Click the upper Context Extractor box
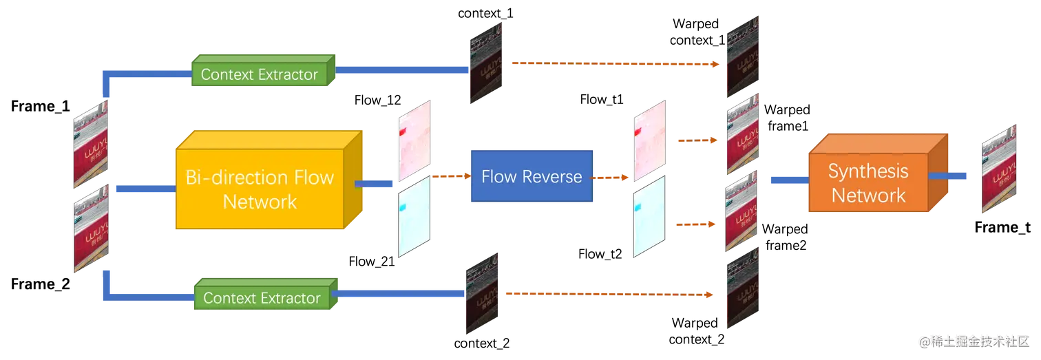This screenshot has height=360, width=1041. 260,74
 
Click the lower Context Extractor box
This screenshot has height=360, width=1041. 262,298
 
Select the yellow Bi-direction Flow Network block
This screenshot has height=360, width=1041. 260,189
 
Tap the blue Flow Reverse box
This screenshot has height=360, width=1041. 531,177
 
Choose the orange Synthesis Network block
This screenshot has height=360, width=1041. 869,182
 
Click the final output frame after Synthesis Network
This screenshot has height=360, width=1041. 999,167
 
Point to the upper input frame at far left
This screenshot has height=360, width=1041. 91,143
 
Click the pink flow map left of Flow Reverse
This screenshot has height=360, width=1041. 414,138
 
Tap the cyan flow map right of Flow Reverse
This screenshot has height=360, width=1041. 651,216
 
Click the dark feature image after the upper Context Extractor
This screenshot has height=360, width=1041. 487,62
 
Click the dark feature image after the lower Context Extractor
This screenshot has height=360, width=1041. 481,293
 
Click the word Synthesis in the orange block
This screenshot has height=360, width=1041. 868,171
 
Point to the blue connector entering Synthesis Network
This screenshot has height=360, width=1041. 787,180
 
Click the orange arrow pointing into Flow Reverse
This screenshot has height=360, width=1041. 451,177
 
